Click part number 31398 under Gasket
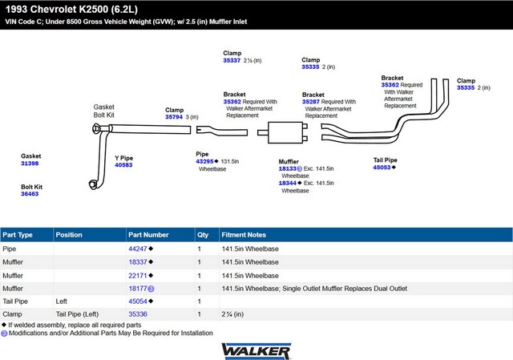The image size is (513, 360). [x=30, y=164]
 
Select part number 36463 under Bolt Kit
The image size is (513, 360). [x=30, y=194]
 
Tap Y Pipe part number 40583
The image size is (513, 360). [x=123, y=165]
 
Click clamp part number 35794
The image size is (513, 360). [x=174, y=117]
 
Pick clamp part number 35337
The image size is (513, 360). [x=232, y=60]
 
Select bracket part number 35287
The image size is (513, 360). [x=311, y=102]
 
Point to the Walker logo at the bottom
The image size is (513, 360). [x=256, y=350]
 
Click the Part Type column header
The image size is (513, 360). [x=18, y=235]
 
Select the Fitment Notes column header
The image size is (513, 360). [x=244, y=235]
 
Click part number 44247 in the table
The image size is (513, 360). [x=138, y=249]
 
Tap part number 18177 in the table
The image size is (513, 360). [x=138, y=288]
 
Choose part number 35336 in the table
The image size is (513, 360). [x=138, y=313]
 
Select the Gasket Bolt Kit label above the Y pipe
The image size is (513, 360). [x=104, y=111]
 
